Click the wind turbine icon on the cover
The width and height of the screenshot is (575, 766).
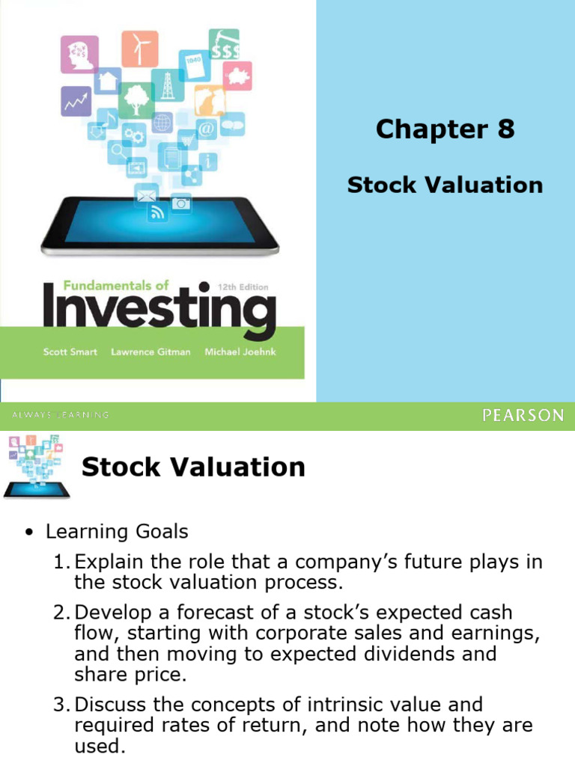point(140,49)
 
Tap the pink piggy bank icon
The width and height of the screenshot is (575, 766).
point(237,76)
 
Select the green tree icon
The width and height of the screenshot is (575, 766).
point(136,99)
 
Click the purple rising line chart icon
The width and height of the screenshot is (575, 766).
point(76,102)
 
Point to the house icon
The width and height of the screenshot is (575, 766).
point(107,80)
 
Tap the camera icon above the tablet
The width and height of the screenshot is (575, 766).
point(181,202)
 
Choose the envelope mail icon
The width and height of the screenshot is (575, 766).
point(146,196)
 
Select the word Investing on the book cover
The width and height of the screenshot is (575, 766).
point(159,310)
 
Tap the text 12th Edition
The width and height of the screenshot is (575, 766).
point(242,287)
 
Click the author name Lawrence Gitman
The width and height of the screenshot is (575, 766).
point(150,352)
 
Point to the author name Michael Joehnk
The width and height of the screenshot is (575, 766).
point(240,352)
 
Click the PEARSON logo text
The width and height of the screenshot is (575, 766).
point(523,416)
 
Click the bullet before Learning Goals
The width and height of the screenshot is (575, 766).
point(28,533)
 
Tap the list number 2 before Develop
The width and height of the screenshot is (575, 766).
point(61,613)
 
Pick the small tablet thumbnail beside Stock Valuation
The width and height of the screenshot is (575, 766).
point(36,468)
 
